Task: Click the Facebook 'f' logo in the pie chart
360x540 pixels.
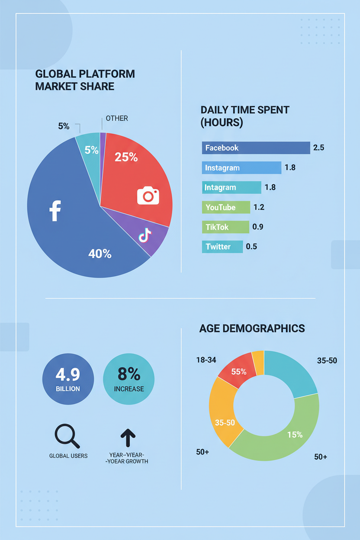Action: coord(55,211)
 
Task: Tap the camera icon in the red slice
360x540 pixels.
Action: coord(148,195)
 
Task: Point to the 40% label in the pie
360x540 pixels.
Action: coord(100,254)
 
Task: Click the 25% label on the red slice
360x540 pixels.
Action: coord(126,157)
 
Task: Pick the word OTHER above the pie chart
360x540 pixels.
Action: coord(117,118)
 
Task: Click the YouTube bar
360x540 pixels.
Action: coord(226,207)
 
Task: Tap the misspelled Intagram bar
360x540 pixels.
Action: coord(231,187)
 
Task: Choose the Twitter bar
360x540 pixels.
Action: coord(222,247)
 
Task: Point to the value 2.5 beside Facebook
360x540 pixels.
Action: coord(318,148)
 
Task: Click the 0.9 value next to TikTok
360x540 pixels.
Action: coord(258,227)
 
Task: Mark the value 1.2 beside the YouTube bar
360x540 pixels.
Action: coord(259,207)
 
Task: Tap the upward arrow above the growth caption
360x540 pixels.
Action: coord(128,437)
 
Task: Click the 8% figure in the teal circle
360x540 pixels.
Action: coord(129,373)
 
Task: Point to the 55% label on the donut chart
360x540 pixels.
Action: coord(239,372)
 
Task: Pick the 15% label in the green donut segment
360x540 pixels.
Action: coord(295,434)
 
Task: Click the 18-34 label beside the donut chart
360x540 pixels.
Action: coord(206,360)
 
